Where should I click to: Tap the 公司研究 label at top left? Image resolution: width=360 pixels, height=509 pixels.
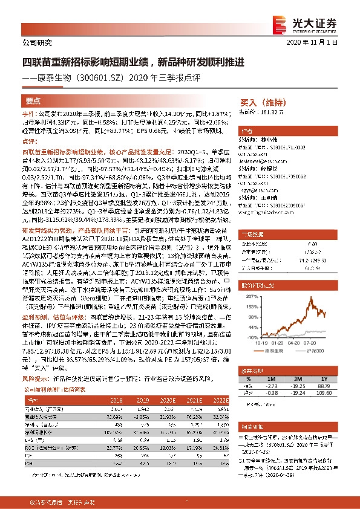point(37,43)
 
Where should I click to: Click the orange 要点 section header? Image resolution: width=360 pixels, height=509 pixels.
point(34,102)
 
